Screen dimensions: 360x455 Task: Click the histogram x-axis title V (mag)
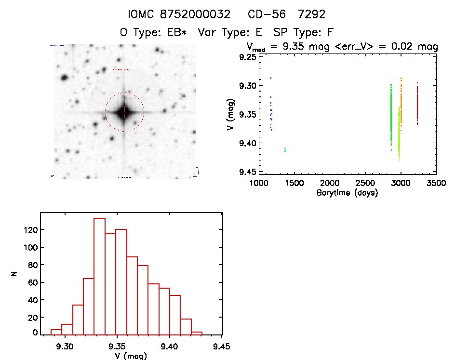pyautogui.click(x=124, y=356)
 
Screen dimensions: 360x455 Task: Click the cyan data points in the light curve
pyautogui.click(x=285, y=150)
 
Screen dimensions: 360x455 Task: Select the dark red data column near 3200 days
pyautogui.click(x=417, y=104)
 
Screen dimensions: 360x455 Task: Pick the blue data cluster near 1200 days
pyautogui.click(x=271, y=116)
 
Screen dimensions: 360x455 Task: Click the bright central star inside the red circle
pyautogui.click(x=124, y=112)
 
